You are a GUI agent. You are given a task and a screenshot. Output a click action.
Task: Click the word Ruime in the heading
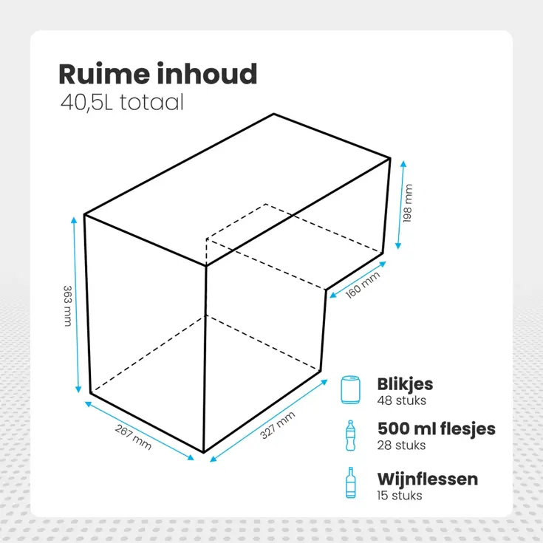(x=105, y=74)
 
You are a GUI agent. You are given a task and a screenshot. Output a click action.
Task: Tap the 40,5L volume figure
(x=86, y=103)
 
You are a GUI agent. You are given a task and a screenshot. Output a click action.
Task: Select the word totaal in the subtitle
(x=151, y=103)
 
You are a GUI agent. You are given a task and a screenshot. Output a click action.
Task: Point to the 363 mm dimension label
(x=67, y=306)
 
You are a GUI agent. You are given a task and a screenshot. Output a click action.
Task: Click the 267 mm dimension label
(x=133, y=437)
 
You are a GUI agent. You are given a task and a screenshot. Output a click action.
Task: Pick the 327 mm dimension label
(x=277, y=425)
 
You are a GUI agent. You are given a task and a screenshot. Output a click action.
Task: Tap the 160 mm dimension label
(x=363, y=285)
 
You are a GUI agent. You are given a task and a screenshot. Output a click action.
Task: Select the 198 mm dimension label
(x=408, y=203)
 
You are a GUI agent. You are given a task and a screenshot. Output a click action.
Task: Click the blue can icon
(x=350, y=390)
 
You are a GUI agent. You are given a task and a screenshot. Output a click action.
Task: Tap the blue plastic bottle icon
(x=350, y=436)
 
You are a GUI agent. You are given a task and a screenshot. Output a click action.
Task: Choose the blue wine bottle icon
(x=350, y=482)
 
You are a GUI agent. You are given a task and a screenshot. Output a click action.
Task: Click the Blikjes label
(x=405, y=384)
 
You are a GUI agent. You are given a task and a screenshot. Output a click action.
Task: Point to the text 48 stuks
(x=402, y=400)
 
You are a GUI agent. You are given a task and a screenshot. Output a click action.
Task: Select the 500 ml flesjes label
(x=437, y=429)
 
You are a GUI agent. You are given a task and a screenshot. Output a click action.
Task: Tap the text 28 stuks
(x=401, y=445)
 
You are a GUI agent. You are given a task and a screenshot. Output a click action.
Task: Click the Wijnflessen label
(x=428, y=479)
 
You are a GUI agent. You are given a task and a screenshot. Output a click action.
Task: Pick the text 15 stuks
(x=400, y=496)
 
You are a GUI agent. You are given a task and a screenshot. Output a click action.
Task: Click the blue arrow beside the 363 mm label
(x=76, y=304)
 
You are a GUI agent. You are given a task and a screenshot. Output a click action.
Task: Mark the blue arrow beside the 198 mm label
(x=400, y=205)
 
